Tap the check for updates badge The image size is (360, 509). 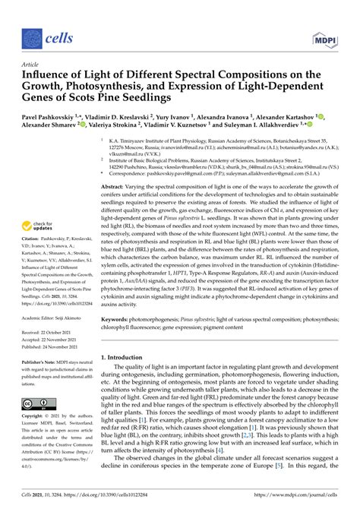(36, 226)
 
